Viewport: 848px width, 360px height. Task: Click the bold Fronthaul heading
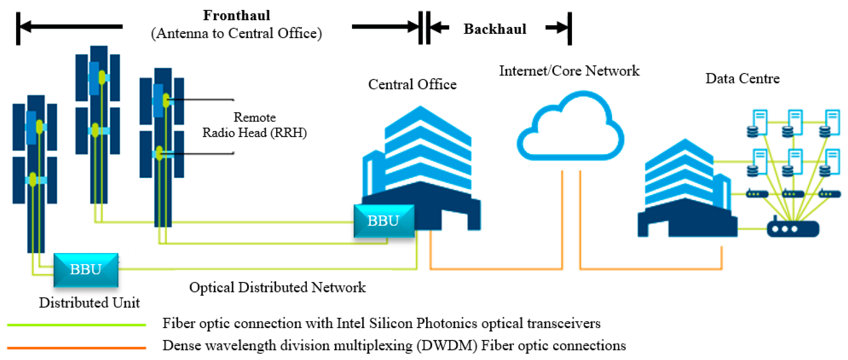[236, 15]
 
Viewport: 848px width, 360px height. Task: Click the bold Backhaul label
[495, 29]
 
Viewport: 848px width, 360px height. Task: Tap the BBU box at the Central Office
[384, 221]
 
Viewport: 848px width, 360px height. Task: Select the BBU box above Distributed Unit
[86, 269]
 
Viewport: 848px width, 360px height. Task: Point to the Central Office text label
[412, 85]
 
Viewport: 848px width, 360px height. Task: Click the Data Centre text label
[742, 78]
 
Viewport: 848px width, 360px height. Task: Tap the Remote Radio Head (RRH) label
[254, 125]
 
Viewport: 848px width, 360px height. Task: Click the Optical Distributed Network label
[277, 287]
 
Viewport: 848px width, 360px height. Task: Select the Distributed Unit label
[89, 302]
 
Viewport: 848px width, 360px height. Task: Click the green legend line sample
[76, 325]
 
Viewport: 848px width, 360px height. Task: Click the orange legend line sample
[76, 347]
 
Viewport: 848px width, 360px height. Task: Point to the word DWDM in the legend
[447, 346]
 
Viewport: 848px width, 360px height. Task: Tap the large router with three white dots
[793, 229]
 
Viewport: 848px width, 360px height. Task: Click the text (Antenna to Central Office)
[236, 33]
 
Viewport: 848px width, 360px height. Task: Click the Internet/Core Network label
[569, 71]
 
